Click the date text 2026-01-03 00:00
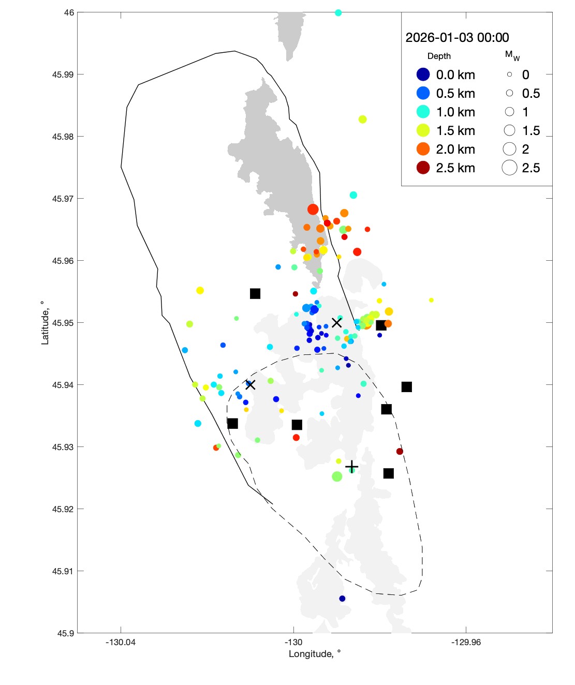pyautogui.click(x=457, y=38)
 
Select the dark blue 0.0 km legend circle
pyautogui.click(x=423, y=75)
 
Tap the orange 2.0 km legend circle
pyautogui.click(x=423, y=149)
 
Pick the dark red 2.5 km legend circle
pyautogui.click(x=423, y=168)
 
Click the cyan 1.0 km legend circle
pyautogui.click(x=423, y=112)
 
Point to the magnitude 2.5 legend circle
pyautogui.click(x=509, y=168)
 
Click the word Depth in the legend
pyautogui.click(x=439, y=56)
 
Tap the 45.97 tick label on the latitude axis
pyautogui.click(x=63, y=199)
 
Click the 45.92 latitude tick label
pyautogui.click(x=63, y=509)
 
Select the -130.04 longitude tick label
pyautogui.click(x=121, y=643)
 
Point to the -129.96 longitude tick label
pyautogui.click(x=466, y=643)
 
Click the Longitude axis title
pyautogui.click(x=315, y=654)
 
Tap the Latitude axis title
pyautogui.click(x=45, y=323)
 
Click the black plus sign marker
pyautogui.click(x=351, y=467)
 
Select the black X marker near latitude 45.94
pyautogui.click(x=250, y=384)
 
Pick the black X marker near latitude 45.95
pyautogui.click(x=336, y=323)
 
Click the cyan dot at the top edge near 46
pyautogui.click(x=338, y=13)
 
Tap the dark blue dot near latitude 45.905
pyautogui.click(x=342, y=599)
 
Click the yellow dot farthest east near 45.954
pyautogui.click(x=431, y=300)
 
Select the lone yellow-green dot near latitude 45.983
pyautogui.click(x=362, y=120)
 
